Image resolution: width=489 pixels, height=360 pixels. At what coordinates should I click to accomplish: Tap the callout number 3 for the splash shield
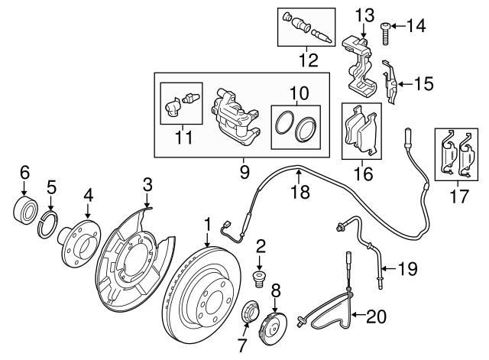coord(147,183)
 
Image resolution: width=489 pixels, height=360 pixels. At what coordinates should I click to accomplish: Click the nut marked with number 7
coord(248,313)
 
